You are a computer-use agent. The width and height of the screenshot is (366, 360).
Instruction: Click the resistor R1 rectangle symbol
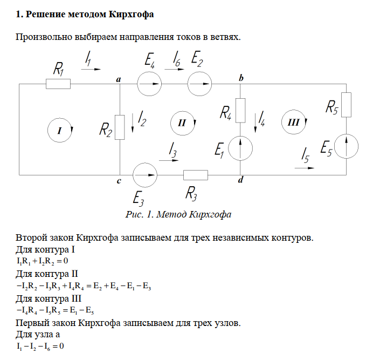[58, 84]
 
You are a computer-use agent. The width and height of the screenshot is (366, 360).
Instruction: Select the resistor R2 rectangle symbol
[119, 126]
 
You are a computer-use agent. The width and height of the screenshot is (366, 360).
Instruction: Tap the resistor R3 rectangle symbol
[196, 175]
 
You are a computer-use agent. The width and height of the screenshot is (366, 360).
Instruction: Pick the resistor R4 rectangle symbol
[241, 110]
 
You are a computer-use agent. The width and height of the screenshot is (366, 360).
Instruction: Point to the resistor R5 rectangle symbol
[346, 104]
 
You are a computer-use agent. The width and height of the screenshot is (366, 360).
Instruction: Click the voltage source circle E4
[150, 84]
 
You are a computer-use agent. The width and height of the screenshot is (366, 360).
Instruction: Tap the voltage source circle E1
[241, 147]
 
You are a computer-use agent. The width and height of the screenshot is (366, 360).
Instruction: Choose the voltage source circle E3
[144, 175]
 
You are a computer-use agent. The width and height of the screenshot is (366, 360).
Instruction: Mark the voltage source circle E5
[346, 146]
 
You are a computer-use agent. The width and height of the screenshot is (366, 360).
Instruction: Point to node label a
[119, 79]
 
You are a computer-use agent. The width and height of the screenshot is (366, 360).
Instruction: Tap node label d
[240, 181]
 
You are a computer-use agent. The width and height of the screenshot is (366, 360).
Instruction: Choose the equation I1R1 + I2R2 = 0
[42, 261]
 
